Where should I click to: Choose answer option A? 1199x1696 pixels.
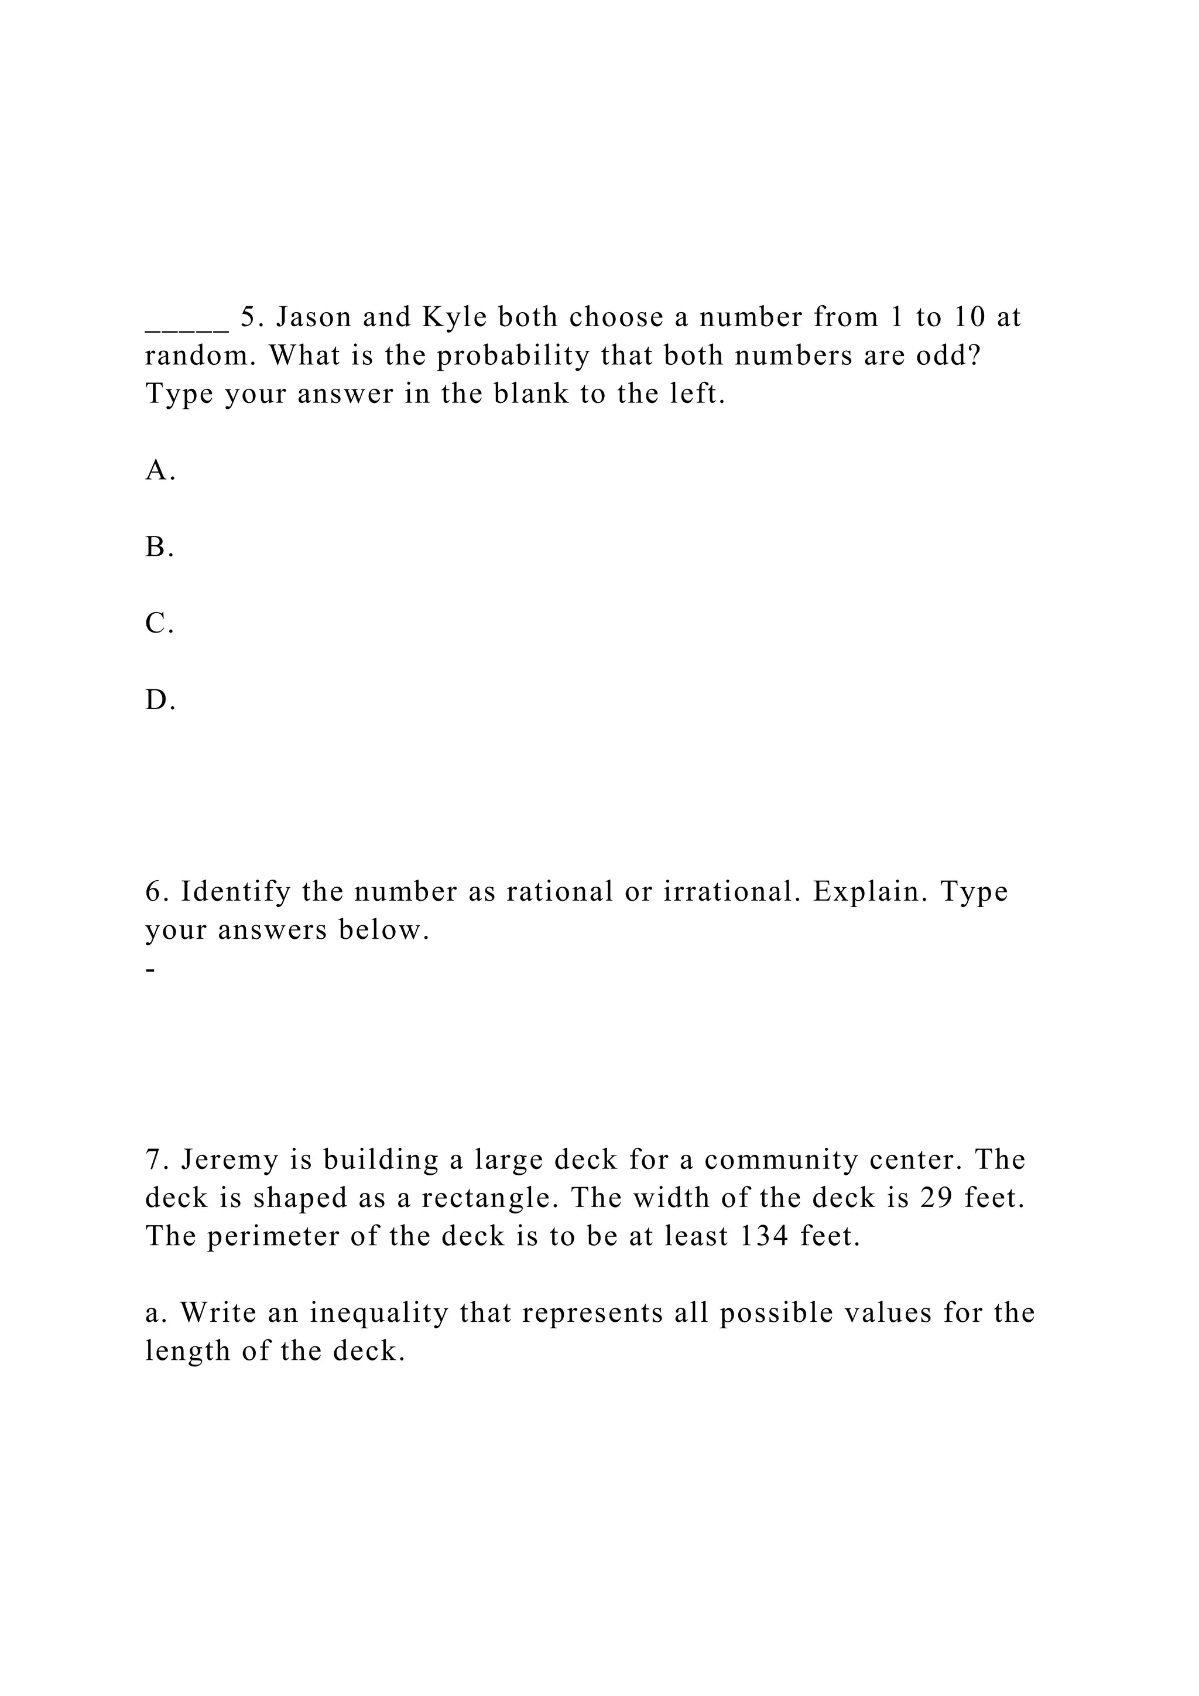click(x=159, y=470)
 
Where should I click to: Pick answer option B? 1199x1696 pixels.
click(x=159, y=548)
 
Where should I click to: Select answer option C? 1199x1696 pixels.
click(x=159, y=624)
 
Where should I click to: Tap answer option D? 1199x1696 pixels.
click(x=159, y=700)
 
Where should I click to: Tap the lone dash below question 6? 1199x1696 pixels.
click(x=150, y=970)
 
